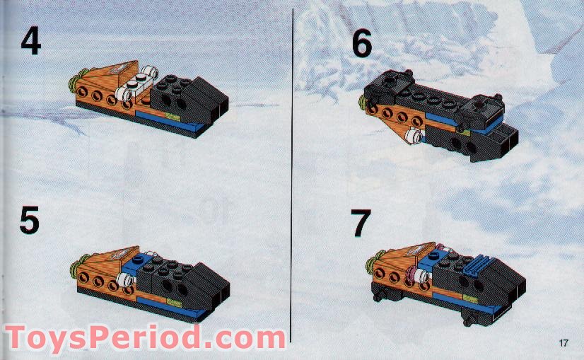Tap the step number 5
[x=29, y=220]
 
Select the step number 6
[x=361, y=44]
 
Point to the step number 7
[x=361, y=223]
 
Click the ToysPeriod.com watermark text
[x=145, y=337]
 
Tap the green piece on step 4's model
[x=74, y=90]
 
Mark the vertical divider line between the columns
[x=292, y=177]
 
